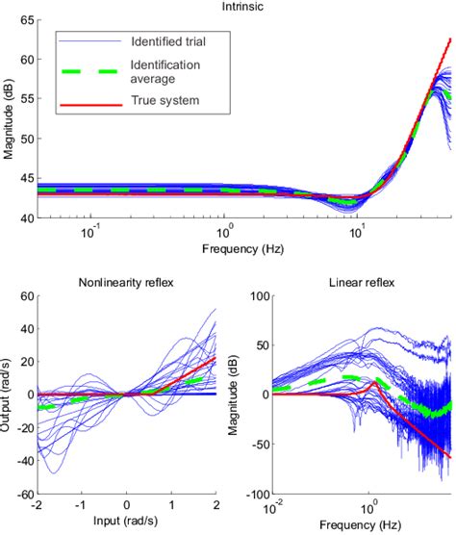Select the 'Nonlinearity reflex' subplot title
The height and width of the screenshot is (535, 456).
[126, 282]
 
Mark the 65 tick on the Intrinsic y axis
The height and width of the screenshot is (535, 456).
[26, 20]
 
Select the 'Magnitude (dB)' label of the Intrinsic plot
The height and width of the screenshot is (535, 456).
[9, 119]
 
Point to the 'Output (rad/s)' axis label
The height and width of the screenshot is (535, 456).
[9, 394]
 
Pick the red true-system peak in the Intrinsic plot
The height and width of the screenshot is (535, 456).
[449, 39]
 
